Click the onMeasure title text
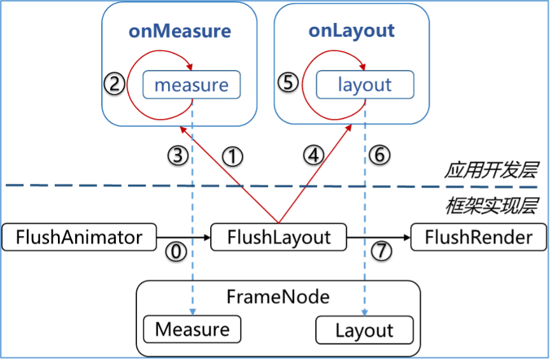pyautogui.click(x=180, y=31)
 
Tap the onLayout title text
pyautogui.click(x=351, y=31)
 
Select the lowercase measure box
pyautogui.click(x=192, y=85)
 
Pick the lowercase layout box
pyautogui.click(x=365, y=85)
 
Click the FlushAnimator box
pyautogui.click(x=80, y=237)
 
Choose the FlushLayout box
pyautogui.click(x=279, y=237)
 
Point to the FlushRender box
pyautogui.click(x=479, y=237)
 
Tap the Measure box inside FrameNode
pyautogui.click(x=192, y=329)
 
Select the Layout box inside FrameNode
pyautogui.click(x=365, y=330)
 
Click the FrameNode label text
pyautogui.click(x=278, y=297)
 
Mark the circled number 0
pyautogui.click(x=176, y=252)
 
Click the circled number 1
pyautogui.click(x=232, y=156)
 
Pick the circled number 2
pyautogui.click(x=115, y=84)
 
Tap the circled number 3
pyautogui.click(x=178, y=155)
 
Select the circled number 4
pyautogui.click(x=314, y=155)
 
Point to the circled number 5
pyautogui.click(x=288, y=83)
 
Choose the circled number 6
pyautogui.click(x=380, y=155)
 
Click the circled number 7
pyautogui.click(x=381, y=251)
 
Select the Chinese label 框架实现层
pyautogui.click(x=491, y=206)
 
